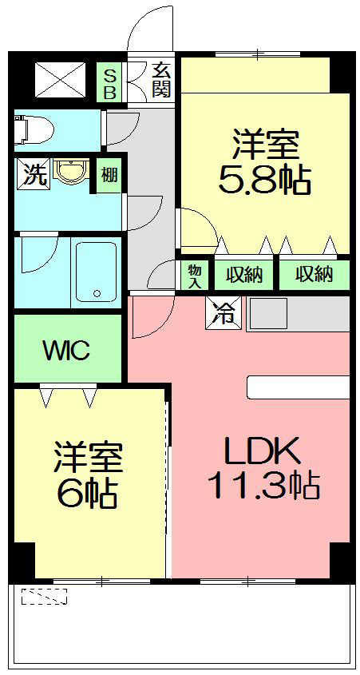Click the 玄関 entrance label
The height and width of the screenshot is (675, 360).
161,81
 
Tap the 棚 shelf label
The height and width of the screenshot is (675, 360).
109,174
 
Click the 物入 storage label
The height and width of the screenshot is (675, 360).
193,276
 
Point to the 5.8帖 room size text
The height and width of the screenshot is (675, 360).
265,182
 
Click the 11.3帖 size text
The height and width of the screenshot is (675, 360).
264,485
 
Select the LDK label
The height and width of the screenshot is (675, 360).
262,452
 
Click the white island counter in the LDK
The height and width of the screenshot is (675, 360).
298,387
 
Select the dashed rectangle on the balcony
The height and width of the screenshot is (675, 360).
44,596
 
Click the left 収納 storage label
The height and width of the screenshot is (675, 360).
243,276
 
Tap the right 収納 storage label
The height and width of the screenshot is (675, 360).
313,276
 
